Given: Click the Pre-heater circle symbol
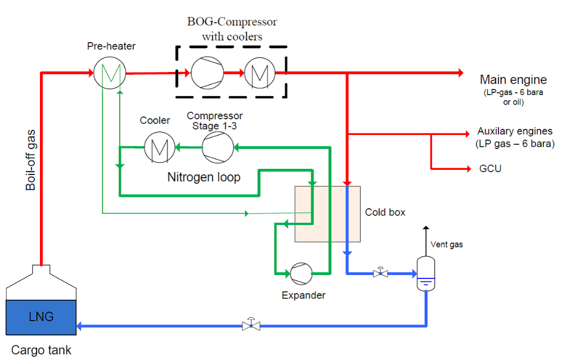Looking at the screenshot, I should pos(106,73).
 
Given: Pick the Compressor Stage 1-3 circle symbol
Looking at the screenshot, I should pos(216,147).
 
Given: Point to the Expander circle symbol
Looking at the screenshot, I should pos(301,273).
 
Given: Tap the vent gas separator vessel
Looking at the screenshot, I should pos(427,273).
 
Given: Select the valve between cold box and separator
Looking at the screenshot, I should pos(381,273).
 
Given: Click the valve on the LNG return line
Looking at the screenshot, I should pos(251,325).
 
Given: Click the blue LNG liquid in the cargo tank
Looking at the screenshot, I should pos(41,317).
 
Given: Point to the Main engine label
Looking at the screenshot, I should pos(513,79).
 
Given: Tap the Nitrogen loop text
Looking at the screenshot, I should pos(204,177).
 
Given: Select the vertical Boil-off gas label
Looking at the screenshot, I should pos(31,160).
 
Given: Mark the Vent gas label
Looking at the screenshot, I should pos(446,245).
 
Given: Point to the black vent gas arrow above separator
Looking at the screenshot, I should pos(426,236).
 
